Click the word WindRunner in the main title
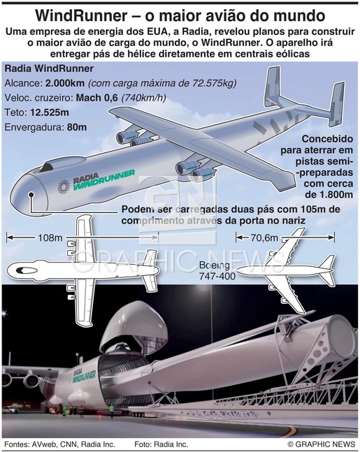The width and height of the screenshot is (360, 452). tap(81, 17)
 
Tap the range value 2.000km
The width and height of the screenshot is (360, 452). tap(65, 83)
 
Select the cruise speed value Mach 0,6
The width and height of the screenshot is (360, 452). tap(97, 98)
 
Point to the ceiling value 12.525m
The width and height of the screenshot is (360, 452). tap(50, 112)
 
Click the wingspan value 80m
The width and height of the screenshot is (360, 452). tap(77, 127)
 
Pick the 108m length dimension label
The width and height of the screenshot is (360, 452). tap(50, 238)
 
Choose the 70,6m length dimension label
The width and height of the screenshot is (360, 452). tap(264, 238)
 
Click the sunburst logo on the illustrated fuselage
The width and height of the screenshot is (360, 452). tap(64, 187)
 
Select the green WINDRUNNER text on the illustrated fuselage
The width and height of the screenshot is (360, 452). tap(104, 180)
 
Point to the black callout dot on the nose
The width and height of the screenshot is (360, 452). tap(31, 195)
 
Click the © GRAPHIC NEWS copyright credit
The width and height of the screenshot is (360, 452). tap(321, 444)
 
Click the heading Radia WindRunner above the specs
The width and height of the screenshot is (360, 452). tap(49, 68)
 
